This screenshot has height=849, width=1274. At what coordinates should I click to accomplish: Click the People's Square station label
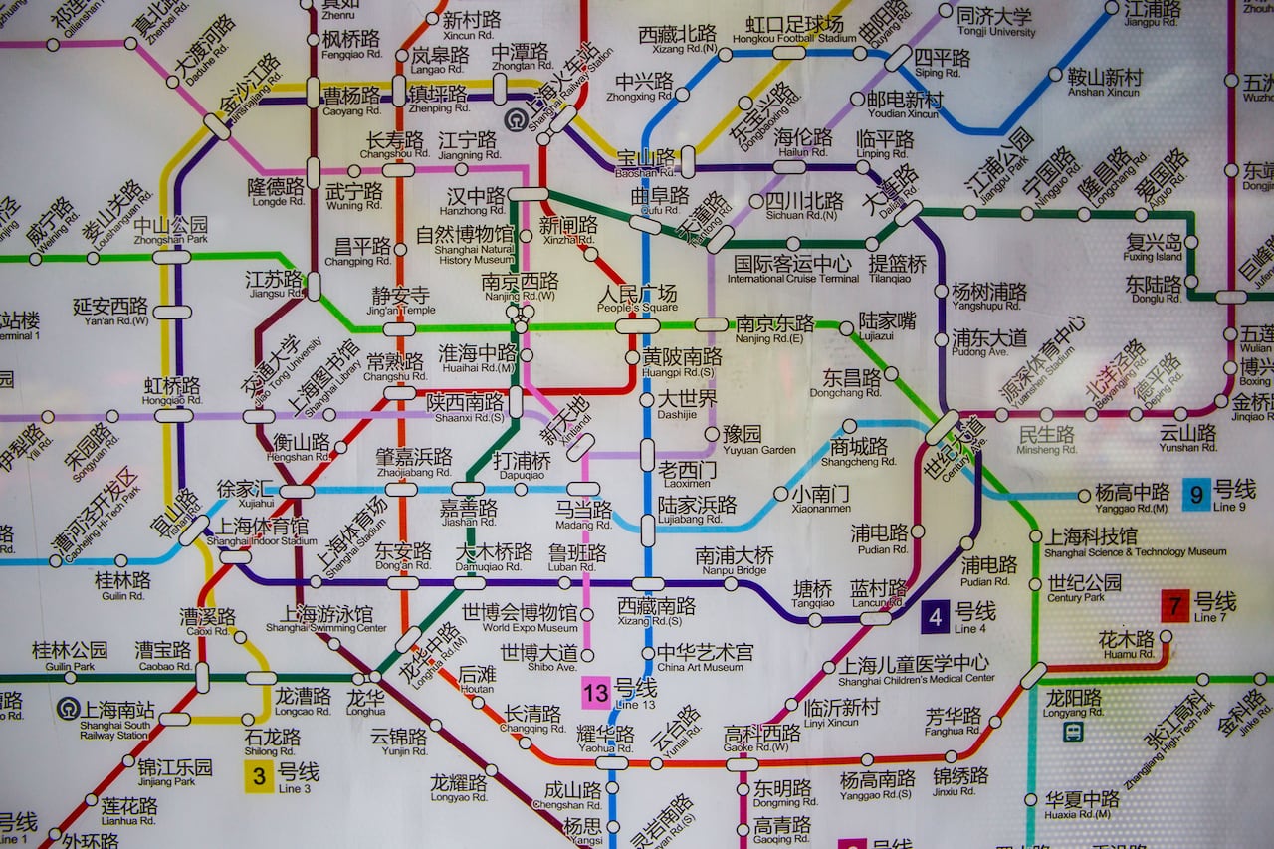(638, 298)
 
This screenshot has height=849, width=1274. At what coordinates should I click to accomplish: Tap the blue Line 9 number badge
(1196, 495)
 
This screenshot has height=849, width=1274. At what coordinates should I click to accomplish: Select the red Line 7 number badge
(1174, 606)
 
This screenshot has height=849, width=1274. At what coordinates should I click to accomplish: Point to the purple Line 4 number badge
(935, 617)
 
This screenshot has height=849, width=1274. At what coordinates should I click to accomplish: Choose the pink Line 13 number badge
(595, 692)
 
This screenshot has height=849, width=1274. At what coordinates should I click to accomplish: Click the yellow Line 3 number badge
(259, 776)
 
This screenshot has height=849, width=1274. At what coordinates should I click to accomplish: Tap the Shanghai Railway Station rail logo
(514, 120)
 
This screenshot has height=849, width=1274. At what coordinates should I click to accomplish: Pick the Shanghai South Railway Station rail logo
(67, 709)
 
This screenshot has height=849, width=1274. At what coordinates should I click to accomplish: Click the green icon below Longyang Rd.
(1073, 732)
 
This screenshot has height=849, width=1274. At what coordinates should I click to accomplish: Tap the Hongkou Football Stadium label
(794, 29)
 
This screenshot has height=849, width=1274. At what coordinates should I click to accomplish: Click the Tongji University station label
(994, 22)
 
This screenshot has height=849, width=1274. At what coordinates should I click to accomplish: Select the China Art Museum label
(705, 658)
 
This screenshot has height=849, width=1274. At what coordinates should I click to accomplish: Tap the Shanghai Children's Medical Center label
(915, 669)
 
